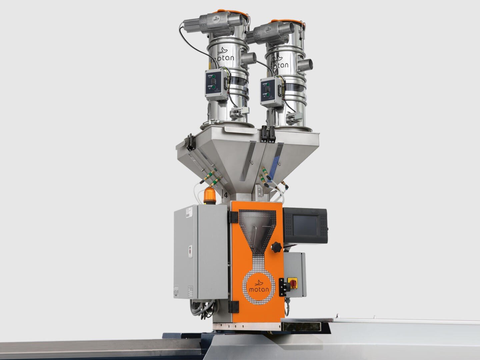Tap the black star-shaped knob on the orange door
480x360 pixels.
coord(276,247)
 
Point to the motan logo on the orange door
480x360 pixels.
coord(259,286)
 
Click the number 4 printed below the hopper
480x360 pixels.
coord(226,195)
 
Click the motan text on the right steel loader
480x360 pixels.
coord(280,64)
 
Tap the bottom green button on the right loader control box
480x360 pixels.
coord(268,95)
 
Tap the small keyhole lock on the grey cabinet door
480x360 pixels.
coord(190,248)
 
